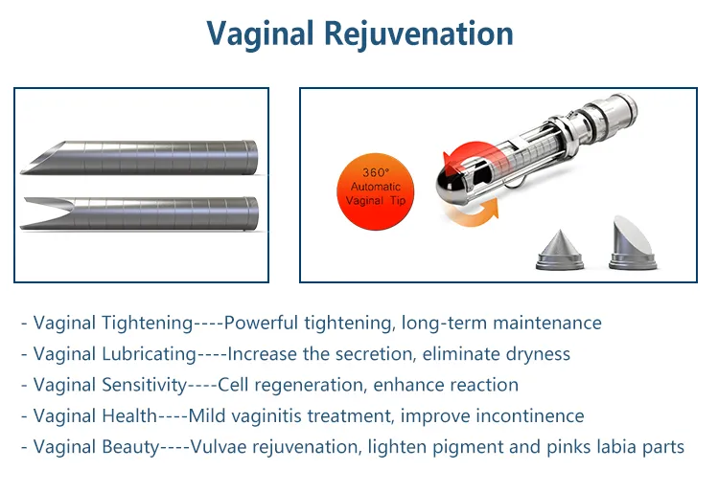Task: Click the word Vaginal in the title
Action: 261,34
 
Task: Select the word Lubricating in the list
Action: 148,354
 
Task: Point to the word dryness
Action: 536,354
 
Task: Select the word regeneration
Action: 306,385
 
